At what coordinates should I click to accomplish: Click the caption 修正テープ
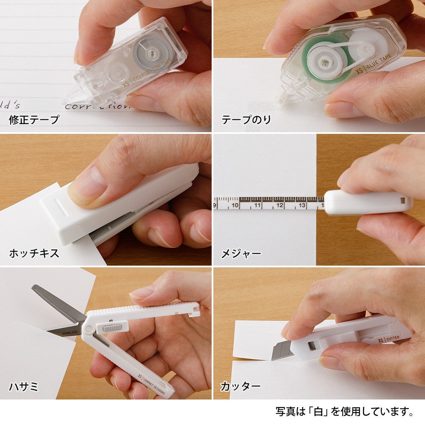pos(34,120)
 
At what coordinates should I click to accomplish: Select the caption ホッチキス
pos(34,254)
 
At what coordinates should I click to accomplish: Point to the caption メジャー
pos(241,254)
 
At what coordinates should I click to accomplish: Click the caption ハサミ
pos(23,386)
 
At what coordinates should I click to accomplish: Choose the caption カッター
pos(241,386)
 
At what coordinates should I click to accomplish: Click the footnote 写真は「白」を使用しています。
pos(345,411)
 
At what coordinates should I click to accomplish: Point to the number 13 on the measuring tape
pos(302,205)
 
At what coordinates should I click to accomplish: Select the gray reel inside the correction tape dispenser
pos(152,52)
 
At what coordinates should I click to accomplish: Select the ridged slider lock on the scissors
pos(113,327)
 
